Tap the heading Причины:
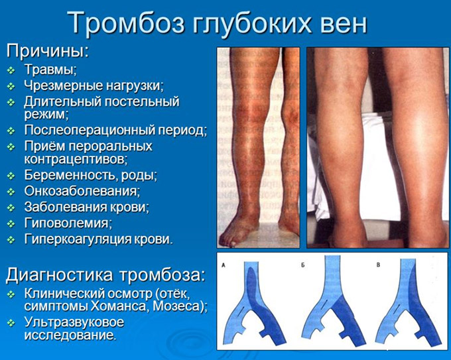[48, 52]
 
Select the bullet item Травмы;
[50, 70]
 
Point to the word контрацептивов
[74, 159]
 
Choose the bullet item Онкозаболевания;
[82, 191]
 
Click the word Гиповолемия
[66, 223]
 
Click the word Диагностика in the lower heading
[59, 275]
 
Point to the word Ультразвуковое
[74, 322]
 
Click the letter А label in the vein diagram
[224, 265]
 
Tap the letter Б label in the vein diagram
[303, 265]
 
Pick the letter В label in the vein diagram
[378, 265]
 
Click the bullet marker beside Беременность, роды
[11, 176]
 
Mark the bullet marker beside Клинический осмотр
[11, 294]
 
